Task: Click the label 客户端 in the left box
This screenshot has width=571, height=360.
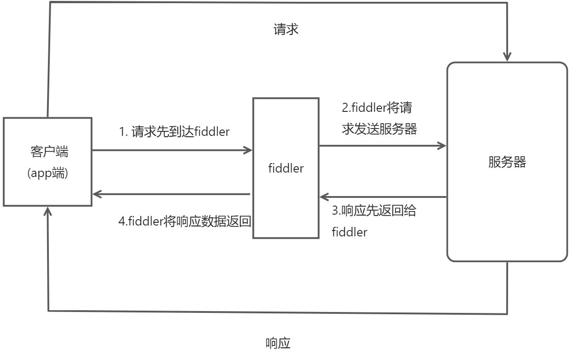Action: pos(48,152)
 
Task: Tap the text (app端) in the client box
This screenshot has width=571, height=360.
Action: pos(48,173)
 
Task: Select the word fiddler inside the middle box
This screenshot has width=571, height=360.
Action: pos(285,168)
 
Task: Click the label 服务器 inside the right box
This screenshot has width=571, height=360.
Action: pos(507,162)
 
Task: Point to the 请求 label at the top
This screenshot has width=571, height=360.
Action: pos(286,30)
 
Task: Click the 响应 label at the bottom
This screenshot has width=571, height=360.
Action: pos(277,344)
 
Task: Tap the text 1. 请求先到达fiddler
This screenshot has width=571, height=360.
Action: pos(174,132)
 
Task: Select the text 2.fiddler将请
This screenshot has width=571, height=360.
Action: pos(376,109)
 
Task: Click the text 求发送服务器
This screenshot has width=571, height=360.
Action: pos(379,129)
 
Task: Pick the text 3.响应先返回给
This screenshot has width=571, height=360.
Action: pos(374,211)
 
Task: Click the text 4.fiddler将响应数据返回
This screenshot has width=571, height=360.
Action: pos(185,221)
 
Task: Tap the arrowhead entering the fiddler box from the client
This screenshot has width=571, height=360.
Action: pos(248,150)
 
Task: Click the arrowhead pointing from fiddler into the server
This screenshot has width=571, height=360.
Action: pos(442,145)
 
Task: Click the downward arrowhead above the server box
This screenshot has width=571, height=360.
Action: pos(507,56)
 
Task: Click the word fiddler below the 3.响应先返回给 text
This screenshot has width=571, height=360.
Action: pos(349,232)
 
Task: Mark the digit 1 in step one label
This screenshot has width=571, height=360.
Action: pos(121,132)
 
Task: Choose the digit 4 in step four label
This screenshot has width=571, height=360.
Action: pos(121,221)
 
